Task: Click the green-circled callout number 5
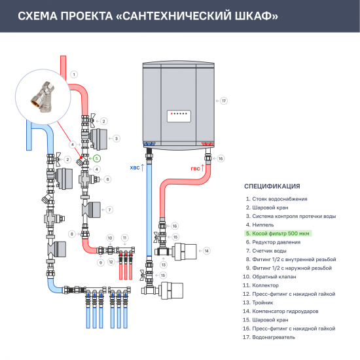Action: pyautogui.click(x=96, y=158)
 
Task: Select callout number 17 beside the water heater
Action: pyautogui.click(x=224, y=101)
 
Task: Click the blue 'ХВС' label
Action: pyautogui.click(x=135, y=168)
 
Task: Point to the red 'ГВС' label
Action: pyautogui.click(x=196, y=168)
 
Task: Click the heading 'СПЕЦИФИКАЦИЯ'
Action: pyautogui.click(x=272, y=185)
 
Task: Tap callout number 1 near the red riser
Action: pyautogui.click(x=74, y=74)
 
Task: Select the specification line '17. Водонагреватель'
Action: pyautogui.click(x=270, y=337)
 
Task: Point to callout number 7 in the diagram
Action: pyautogui.click(x=109, y=209)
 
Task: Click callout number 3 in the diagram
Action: pyautogui.click(x=116, y=138)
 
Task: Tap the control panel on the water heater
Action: pyautogui.click(x=181, y=113)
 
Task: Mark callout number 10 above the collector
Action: pyautogui.click(x=110, y=237)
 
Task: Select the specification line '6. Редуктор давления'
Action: pyautogui.click(x=272, y=242)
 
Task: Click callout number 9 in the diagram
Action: pyautogui.click(x=101, y=262)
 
